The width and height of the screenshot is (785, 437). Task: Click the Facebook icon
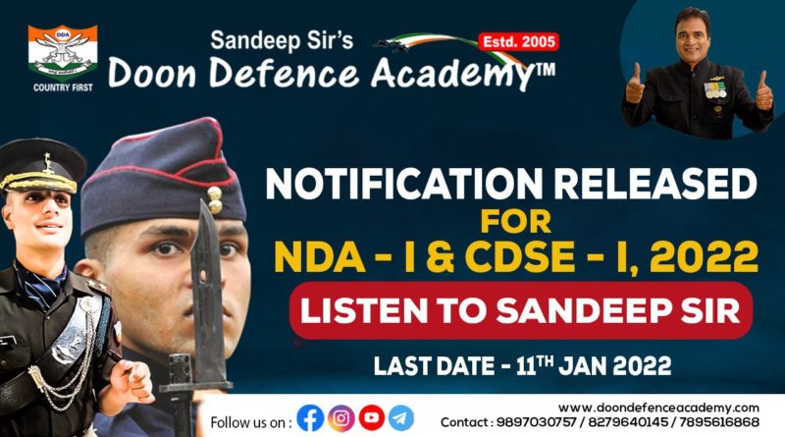click(310, 418)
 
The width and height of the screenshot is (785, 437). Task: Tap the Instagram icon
click(341, 418)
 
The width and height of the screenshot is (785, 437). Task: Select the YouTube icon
click(372, 418)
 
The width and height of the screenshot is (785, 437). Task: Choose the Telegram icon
click(401, 418)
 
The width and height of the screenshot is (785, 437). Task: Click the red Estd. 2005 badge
click(519, 41)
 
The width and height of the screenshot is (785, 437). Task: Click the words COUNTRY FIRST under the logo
click(63, 87)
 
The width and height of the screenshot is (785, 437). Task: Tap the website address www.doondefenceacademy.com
click(658, 407)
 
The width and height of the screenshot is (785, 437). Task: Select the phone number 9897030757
click(536, 422)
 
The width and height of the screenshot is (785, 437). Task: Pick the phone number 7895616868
click(719, 422)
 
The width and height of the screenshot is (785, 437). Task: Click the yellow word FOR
click(516, 221)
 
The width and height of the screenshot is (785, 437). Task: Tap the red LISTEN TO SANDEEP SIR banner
click(521, 310)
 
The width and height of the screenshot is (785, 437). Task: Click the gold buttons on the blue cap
click(215, 199)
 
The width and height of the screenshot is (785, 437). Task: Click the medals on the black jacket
click(715, 89)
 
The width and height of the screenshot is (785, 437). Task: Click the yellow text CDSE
click(519, 257)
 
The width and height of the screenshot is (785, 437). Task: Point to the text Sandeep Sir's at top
click(282, 40)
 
